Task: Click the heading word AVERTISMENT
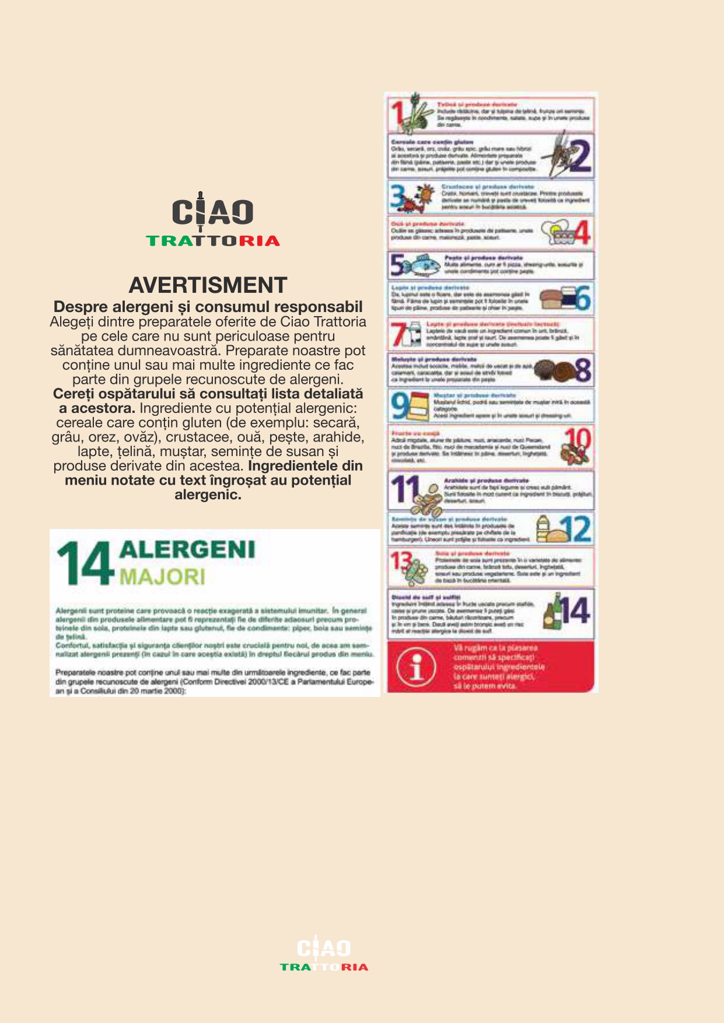point(208,285)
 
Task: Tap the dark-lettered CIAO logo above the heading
point(213,211)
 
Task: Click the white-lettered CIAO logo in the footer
point(324,948)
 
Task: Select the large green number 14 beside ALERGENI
point(85,563)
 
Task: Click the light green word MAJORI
point(162,577)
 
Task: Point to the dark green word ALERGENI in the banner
point(187,549)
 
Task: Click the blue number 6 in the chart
point(583,298)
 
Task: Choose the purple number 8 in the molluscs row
point(583,370)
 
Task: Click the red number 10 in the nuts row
point(578,437)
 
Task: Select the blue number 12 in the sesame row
point(575,528)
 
